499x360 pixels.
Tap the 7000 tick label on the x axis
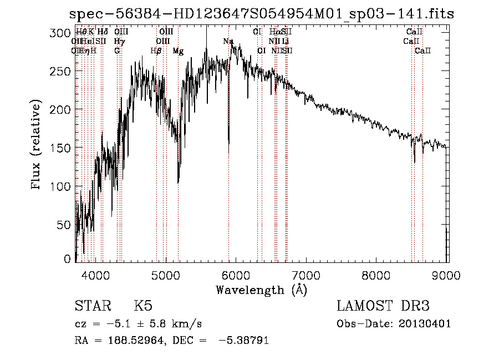click(307, 274)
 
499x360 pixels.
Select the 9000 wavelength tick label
click(447, 274)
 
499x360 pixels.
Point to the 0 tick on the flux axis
click(68, 259)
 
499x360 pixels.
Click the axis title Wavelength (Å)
click(261, 290)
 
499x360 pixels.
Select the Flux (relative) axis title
click(37, 145)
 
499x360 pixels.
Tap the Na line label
click(228, 42)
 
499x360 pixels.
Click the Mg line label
click(178, 51)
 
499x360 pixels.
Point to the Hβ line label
click(156, 51)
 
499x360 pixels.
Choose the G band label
click(117, 51)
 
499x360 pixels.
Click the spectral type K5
click(143, 307)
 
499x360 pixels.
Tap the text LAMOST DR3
click(383, 307)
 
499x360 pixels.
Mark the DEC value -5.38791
click(243, 341)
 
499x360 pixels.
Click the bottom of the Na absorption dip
click(228, 153)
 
